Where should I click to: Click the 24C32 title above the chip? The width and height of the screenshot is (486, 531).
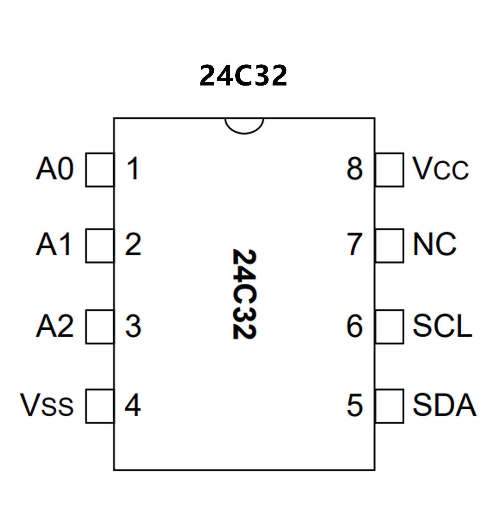(243, 75)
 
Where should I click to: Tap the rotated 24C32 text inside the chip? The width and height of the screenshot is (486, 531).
(244, 294)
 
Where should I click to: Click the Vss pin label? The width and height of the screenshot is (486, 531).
(47, 405)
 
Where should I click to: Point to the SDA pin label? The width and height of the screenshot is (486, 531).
(444, 405)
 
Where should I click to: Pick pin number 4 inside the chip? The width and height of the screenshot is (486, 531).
(133, 405)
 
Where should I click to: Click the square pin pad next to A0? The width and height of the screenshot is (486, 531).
(100, 170)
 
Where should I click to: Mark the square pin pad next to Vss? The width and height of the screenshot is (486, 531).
(100, 406)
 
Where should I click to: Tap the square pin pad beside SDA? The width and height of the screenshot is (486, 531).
(389, 406)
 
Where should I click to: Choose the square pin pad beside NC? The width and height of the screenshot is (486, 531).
(389, 246)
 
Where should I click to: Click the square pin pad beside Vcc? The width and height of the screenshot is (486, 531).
(389, 170)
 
